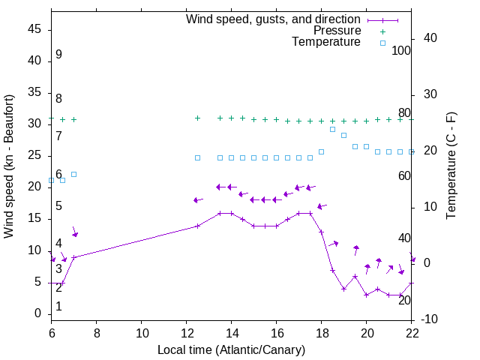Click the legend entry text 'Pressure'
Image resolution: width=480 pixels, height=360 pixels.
pyautogui.click(x=337, y=31)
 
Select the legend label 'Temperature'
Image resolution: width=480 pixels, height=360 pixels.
pyautogui.click(x=326, y=42)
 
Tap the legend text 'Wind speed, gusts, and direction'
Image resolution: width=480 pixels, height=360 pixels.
pyautogui.click(x=274, y=19)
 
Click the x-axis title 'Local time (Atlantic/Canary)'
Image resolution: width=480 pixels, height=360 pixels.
pyautogui.click(x=232, y=350)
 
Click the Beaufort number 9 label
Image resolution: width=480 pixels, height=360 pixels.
pyautogui.click(x=58, y=55)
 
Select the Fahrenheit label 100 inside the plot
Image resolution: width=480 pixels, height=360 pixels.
pyautogui.click(x=401, y=50)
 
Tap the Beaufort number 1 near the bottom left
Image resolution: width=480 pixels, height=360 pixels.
pyautogui.click(x=58, y=307)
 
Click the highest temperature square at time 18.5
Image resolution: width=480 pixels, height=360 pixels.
pyautogui.click(x=333, y=129)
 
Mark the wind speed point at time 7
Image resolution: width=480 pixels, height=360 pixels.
pyautogui.click(x=74, y=257)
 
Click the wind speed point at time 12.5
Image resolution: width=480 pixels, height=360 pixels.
pyautogui.click(x=198, y=226)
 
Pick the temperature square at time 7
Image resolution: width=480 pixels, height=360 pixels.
pyautogui.click(x=74, y=174)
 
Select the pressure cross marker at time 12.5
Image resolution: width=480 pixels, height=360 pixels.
pyautogui.click(x=198, y=118)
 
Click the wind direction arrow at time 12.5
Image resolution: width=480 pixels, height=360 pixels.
pyautogui.click(x=198, y=200)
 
